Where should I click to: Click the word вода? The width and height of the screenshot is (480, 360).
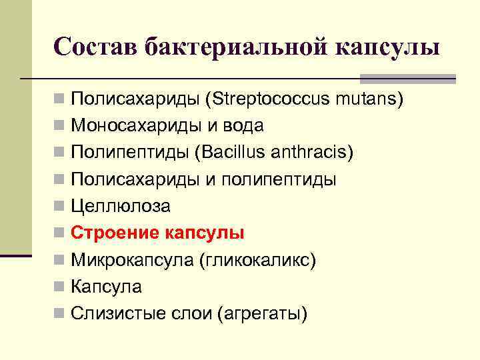[243, 126]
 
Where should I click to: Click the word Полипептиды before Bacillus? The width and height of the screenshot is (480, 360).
[129, 153]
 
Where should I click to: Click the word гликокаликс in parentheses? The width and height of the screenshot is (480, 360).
[257, 260]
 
